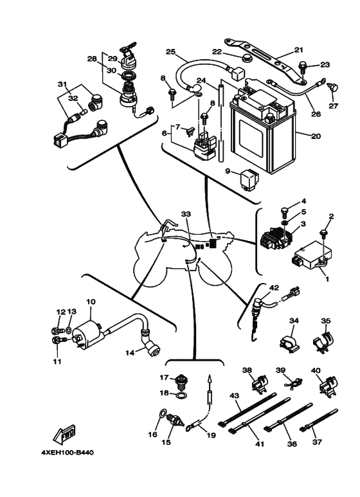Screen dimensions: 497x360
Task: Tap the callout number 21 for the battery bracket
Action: pos(298,50)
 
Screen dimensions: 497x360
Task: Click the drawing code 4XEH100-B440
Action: pos(67,452)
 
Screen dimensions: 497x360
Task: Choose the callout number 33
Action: pos(186,213)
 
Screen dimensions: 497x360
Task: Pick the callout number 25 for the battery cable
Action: pos(170,51)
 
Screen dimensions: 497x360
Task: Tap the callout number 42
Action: pos(273,288)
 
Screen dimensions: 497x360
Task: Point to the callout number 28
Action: pos(91,59)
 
